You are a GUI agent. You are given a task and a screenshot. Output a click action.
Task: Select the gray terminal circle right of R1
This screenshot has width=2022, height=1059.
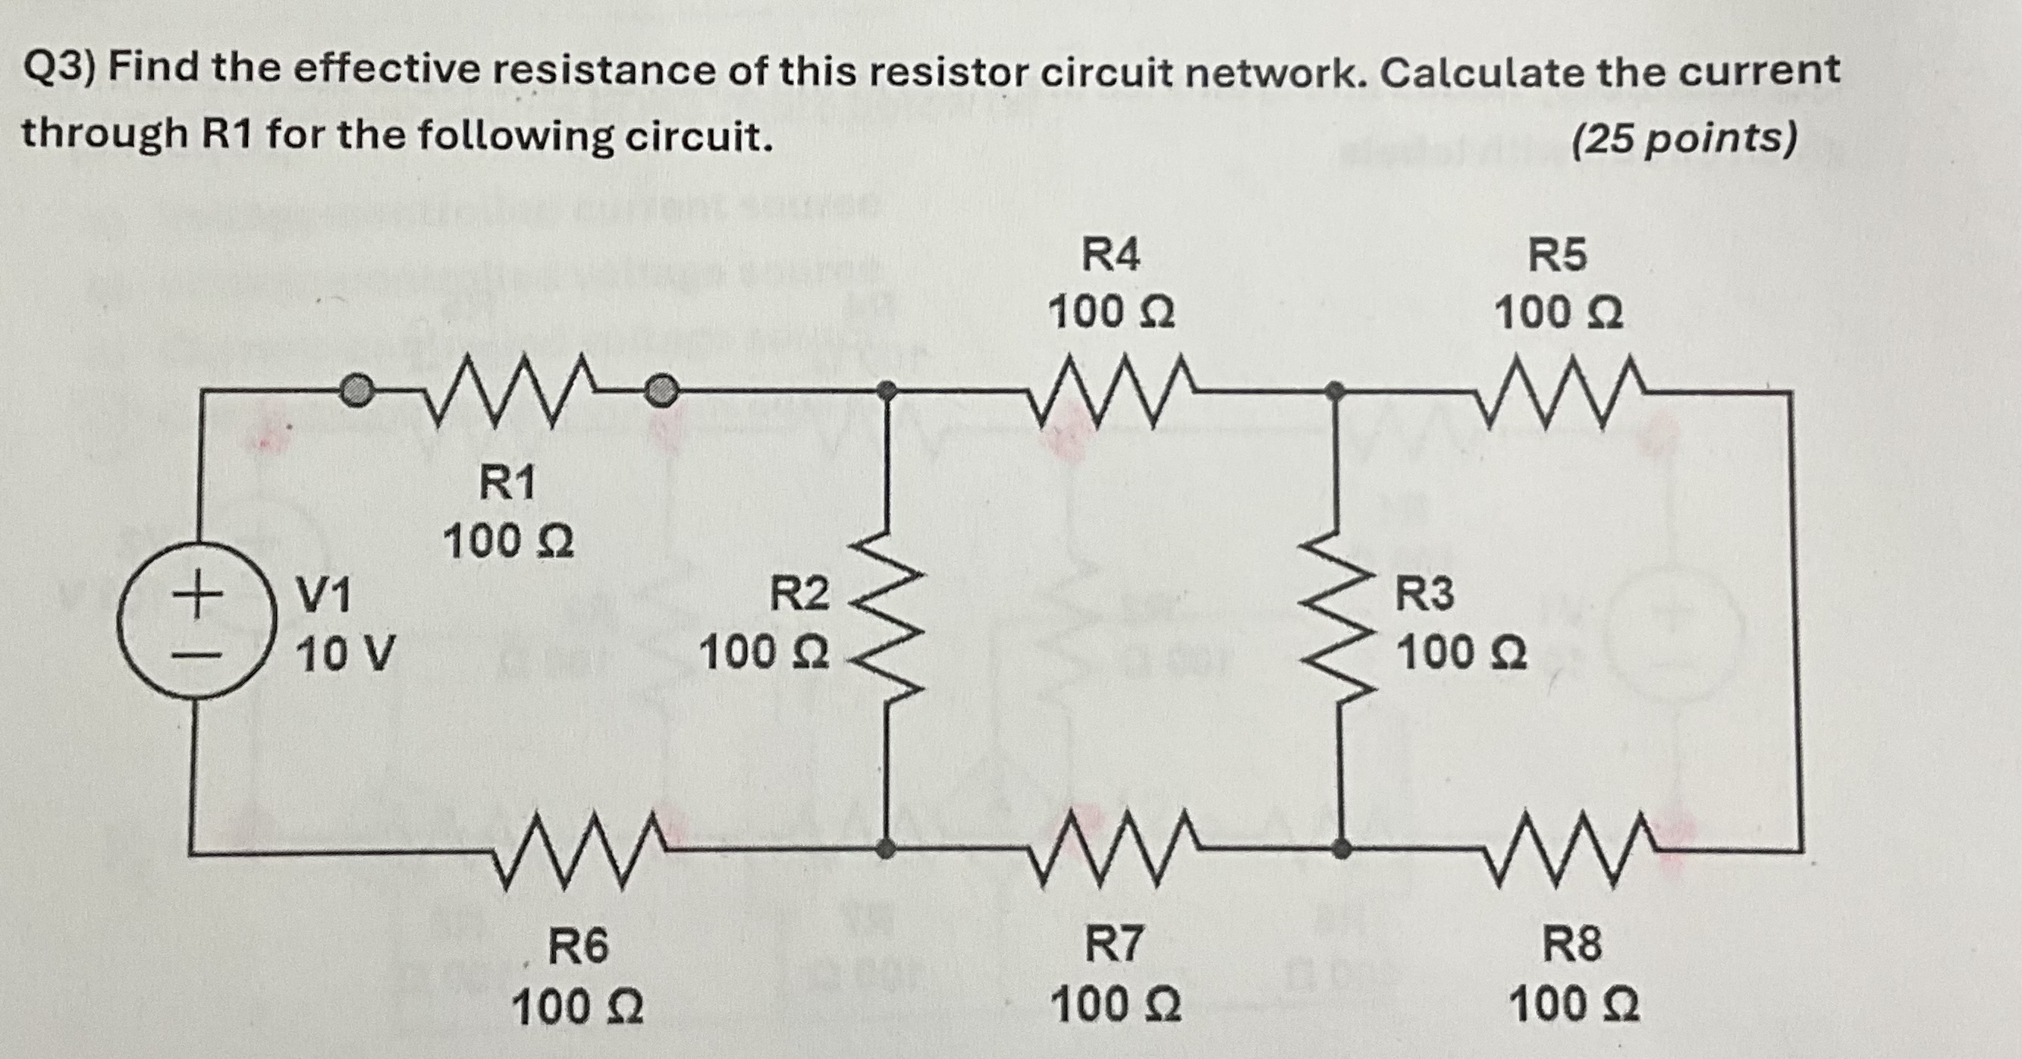pyautogui.click(x=661, y=389)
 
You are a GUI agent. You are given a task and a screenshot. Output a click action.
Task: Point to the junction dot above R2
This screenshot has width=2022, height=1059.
pyautogui.click(x=886, y=388)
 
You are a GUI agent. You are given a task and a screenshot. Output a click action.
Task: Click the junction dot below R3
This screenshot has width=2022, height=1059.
pyautogui.click(x=1342, y=849)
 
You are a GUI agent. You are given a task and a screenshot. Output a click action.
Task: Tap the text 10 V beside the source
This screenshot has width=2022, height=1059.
pyautogui.click(x=346, y=653)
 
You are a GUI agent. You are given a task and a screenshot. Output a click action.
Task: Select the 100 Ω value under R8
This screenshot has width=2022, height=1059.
pyautogui.click(x=1574, y=1005)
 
